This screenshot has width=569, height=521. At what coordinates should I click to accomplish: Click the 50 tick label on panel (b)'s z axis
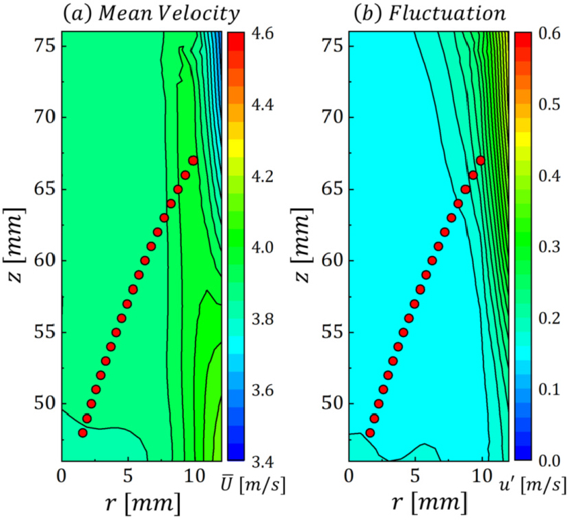click(333, 404)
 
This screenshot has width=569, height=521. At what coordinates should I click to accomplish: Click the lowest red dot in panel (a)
click(83, 433)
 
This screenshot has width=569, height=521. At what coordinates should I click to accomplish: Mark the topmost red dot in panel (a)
click(193, 160)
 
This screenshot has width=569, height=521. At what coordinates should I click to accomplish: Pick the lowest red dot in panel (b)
click(370, 433)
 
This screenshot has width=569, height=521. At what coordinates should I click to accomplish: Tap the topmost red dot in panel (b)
click(480, 160)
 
